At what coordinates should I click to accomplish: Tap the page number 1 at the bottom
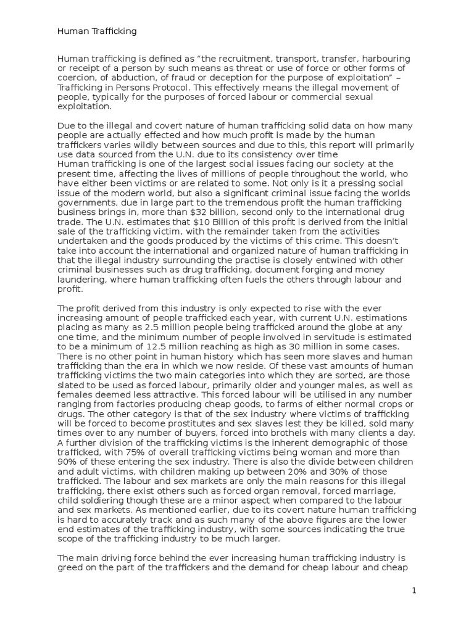coord(415,591)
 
